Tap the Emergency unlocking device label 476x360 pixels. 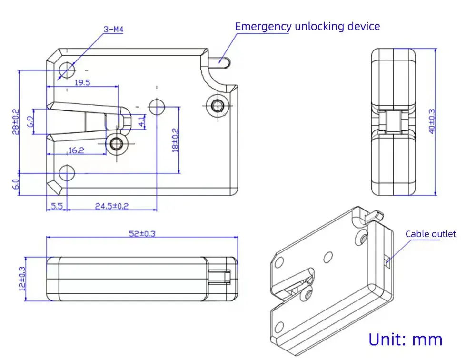[307, 26]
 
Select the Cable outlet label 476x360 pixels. [430, 234]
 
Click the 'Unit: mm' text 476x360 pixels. [406, 340]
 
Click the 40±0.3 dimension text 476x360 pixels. [432, 121]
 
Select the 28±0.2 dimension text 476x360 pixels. [16, 121]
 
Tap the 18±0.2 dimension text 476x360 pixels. [175, 140]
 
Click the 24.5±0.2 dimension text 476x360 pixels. [112, 206]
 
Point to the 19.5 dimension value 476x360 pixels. [82, 82]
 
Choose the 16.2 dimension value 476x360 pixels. [76, 150]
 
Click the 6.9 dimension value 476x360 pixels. [30, 121]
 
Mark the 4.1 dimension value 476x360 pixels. [142, 121]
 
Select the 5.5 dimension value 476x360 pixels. [57, 206]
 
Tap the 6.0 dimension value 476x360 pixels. [16, 183]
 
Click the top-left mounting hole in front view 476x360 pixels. [67, 70]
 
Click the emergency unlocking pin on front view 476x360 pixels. [223, 61]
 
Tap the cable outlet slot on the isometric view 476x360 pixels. [387, 260]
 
